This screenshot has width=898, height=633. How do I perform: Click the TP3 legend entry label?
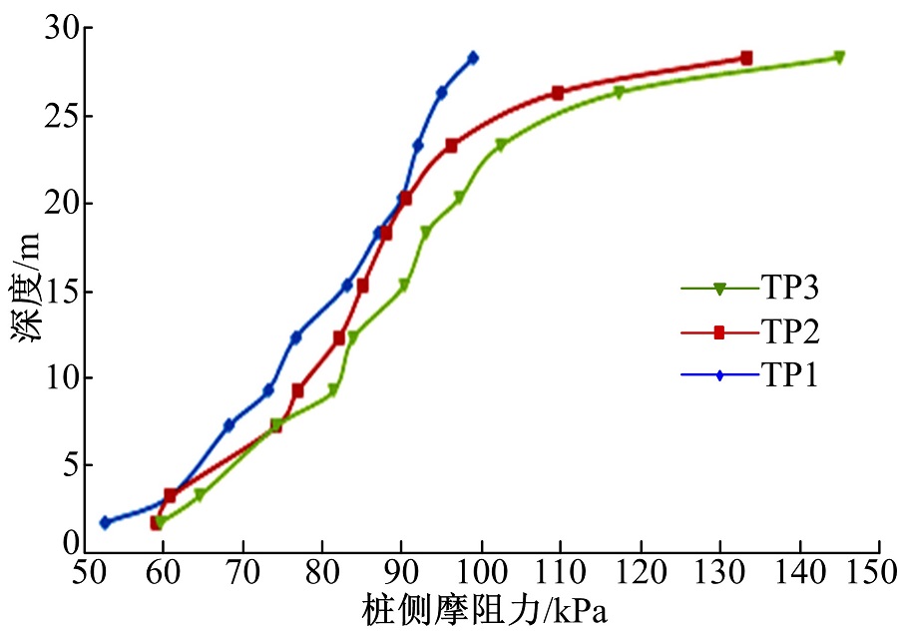pyautogui.click(x=791, y=289)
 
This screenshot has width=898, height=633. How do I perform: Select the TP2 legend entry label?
pyautogui.click(x=791, y=331)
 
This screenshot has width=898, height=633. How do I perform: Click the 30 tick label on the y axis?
pyautogui.click(x=62, y=29)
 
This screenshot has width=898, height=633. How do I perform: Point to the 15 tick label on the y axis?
pyautogui.click(x=62, y=291)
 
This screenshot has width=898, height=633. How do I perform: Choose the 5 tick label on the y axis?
pyautogui.click(x=70, y=465)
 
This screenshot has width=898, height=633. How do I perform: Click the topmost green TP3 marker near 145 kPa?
pyautogui.click(x=839, y=57)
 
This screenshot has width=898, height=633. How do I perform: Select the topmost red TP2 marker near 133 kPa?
pyautogui.click(x=746, y=58)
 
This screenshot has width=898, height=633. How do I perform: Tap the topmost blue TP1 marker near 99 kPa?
pyautogui.click(x=473, y=58)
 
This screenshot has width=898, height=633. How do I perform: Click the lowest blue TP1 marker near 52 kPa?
pyautogui.click(x=105, y=522)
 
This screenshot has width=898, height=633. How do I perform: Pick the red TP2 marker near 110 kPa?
pyautogui.click(x=558, y=93)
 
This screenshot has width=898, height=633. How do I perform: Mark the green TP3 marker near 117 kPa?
pyautogui.click(x=619, y=93)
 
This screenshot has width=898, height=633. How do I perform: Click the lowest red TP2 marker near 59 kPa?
pyautogui.click(x=156, y=523)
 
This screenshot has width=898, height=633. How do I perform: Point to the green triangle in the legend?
pyautogui.click(x=718, y=290)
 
